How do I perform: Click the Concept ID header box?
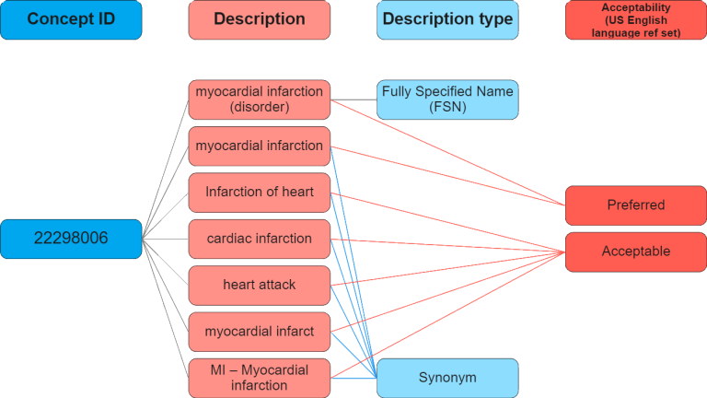pyautogui.click(x=71, y=19)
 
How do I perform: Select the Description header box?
pyautogui.click(x=259, y=19)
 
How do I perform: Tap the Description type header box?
pyautogui.click(x=447, y=19)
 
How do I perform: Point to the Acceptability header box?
pyautogui.click(x=635, y=19)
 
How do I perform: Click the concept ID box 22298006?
pyautogui.click(x=71, y=239)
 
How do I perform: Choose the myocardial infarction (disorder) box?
pyautogui.click(x=259, y=99)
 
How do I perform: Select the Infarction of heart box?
pyautogui.click(x=259, y=193)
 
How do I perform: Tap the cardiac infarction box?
pyautogui.click(x=259, y=239)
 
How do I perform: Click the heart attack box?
pyautogui.click(x=259, y=285)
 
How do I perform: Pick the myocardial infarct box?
pyautogui.click(x=259, y=331)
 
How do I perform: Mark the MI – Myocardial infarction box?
pyautogui.click(x=259, y=378)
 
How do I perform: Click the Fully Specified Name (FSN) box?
pyautogui.click(x=447, y=99)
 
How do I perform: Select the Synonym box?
pyautogui.click(x=447, y=378)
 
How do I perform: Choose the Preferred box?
pyautogui.click(x=635, y=205)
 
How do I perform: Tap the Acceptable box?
pyautogui.click(x=635, y=251)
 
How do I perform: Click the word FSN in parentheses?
pyautogui.click(x=447, y=107)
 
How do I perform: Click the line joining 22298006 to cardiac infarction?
pyautogui.click(x=166, y=239)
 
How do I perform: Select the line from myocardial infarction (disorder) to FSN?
pyautogui.click(x=353, y=95)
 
